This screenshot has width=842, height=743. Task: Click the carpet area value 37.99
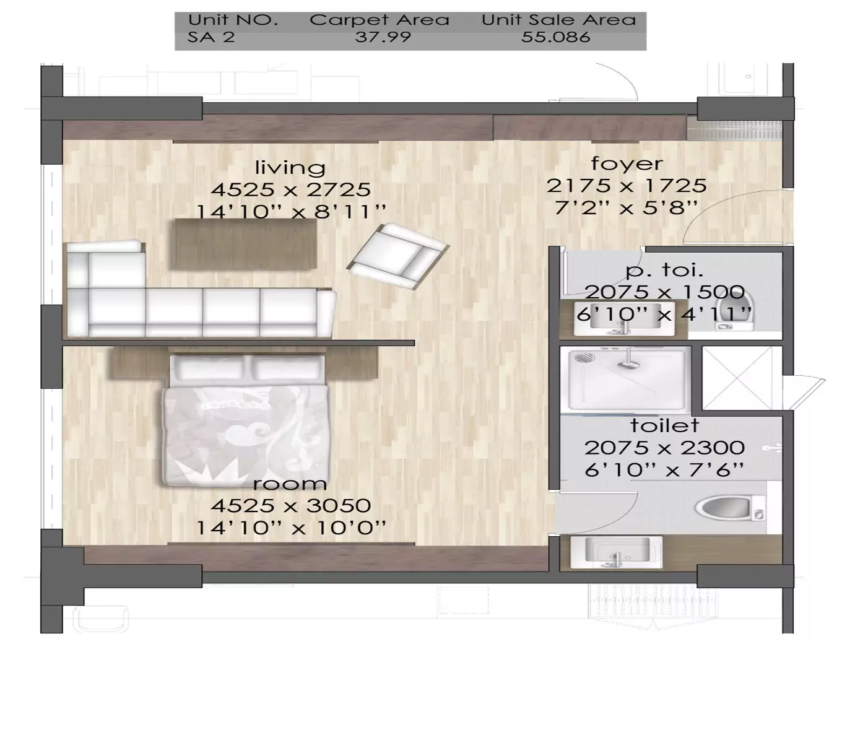pos(383,37)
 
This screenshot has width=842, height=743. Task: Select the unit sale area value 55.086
pos(555,37)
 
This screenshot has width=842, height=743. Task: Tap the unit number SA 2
pos(211,37)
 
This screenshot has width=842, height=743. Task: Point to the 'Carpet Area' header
pos(379,20)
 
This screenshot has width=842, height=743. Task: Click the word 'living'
pos(290,167)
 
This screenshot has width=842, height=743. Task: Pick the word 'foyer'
pos(627,163)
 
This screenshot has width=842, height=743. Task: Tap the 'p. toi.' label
pos(664,270)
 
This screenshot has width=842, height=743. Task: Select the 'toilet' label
pos(664,425)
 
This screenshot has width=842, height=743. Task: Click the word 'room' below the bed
pos(290,484)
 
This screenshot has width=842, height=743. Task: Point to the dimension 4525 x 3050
pos(290,506)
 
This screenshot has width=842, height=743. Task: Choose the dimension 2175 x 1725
pos(626,186)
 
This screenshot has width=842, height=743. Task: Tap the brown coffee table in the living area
pos(245,244)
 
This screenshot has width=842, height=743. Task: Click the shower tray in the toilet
pos(625,379)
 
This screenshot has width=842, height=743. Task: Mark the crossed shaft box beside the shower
pos(741,378)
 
